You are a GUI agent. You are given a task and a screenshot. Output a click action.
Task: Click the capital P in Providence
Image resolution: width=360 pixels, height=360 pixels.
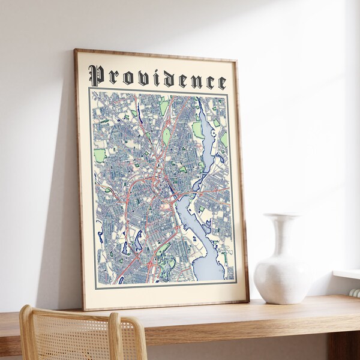(x=96, y=76)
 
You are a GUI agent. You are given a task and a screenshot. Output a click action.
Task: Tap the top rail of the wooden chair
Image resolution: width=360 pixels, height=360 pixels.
(x=66, y=313)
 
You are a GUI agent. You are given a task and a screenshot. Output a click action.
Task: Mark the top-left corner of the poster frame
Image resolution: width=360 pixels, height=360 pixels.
(x=75, y=50)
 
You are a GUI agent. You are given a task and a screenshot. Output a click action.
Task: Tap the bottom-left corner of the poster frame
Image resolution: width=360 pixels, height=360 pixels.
(x=84, y=310)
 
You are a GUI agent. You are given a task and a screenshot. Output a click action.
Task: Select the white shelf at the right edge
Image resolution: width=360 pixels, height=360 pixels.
(x=347, y=274)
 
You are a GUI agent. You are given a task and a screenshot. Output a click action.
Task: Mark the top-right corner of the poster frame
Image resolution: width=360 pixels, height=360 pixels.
(x=235, y=59)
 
